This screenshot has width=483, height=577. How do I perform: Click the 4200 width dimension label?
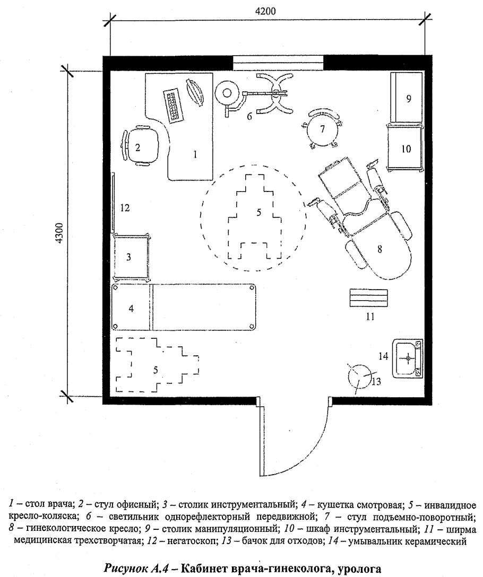point(265,11)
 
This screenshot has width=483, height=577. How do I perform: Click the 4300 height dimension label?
point(61,233)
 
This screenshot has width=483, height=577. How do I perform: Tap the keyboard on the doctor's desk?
point(174,105)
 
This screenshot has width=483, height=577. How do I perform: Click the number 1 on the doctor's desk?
point(195,154)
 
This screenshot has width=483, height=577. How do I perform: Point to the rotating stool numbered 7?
point(322,129)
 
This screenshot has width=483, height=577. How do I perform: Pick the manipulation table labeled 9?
point(407,98)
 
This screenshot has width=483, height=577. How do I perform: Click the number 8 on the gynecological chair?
point(380,249)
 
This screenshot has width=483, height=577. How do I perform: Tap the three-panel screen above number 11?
point(368,298)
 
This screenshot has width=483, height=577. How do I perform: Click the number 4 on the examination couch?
point(131,308)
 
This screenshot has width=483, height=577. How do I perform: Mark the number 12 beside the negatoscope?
point(125,208)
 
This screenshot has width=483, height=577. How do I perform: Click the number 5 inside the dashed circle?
point(258,212)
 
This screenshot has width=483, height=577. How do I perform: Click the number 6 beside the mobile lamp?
point(249,116)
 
